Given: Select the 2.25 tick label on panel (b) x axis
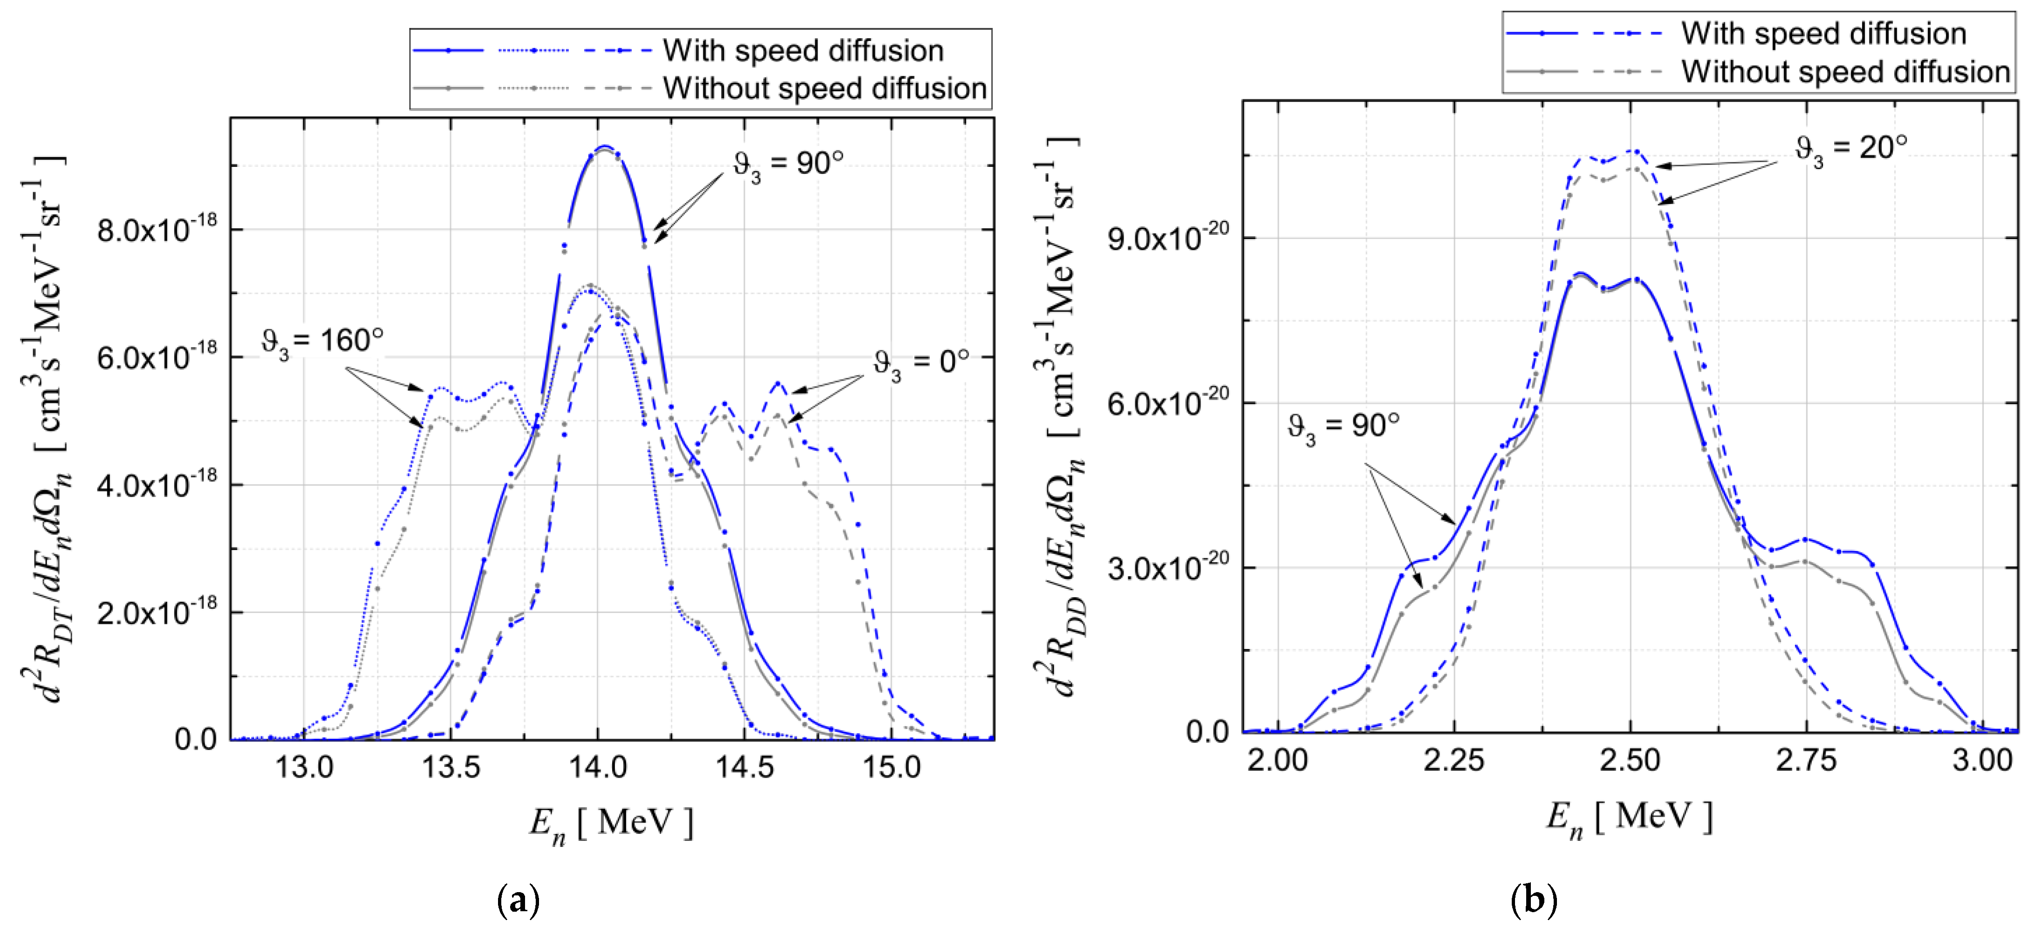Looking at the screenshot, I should pos(1454,759).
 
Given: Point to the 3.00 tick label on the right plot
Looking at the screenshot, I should pos(1982,759).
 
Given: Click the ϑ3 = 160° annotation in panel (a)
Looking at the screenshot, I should pos(323,342).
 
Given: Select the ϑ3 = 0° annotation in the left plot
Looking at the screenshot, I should pos(921,364).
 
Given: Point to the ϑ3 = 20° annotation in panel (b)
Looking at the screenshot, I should pos(1851,150).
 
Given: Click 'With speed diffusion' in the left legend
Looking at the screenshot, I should pos(803,50).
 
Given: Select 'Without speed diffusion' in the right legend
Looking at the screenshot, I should pos(1845,72).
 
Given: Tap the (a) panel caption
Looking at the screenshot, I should pos(519,899).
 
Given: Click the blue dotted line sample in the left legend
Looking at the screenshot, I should pos(533,50).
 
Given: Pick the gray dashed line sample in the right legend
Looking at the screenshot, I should pos(1627,72).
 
